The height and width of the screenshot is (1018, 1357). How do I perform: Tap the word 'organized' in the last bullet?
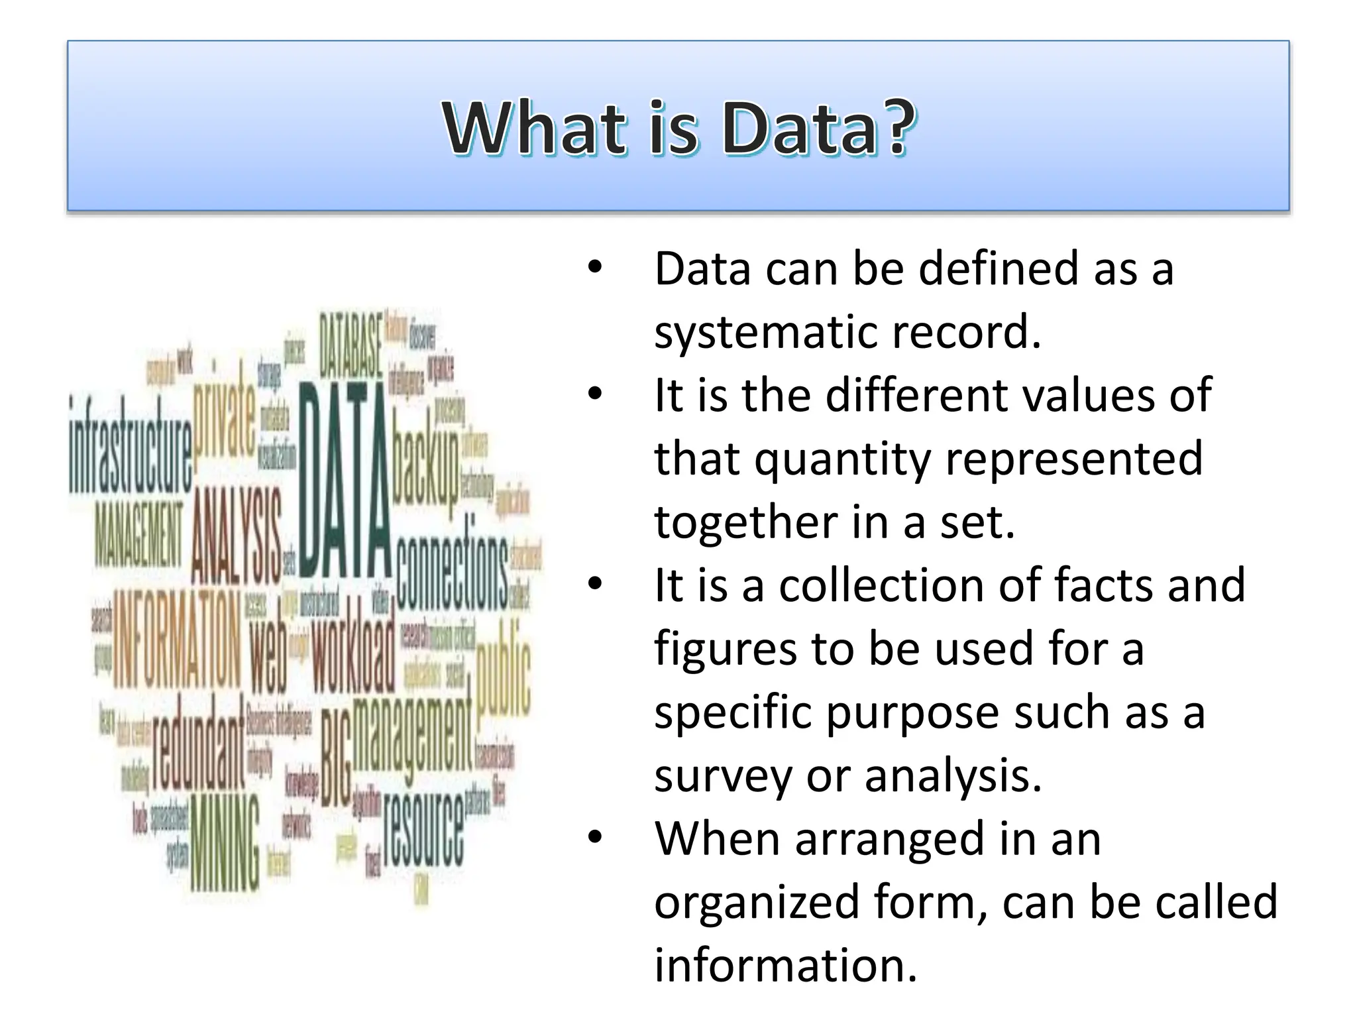click(x=756, y=902)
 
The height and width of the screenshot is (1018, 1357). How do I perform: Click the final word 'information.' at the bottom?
click(x=786, y=965)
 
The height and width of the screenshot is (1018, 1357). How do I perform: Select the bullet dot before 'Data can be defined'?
click(x=595, y=268)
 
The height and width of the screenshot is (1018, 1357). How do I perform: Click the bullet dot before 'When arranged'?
click(x=595, y=838)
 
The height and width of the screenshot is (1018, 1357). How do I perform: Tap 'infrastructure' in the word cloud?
click(x=131, y=446)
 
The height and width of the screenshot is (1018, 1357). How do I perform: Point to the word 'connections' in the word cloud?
click(x=452, y=571)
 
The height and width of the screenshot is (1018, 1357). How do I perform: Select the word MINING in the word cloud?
click(x=225, y=842)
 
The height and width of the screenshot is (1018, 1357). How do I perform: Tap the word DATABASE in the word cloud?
click(x=351, y=345)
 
